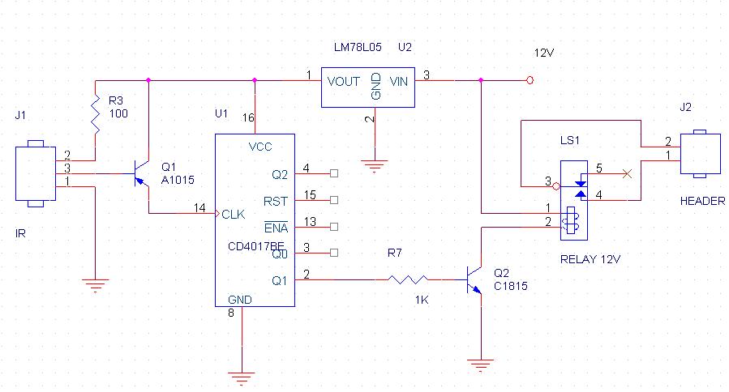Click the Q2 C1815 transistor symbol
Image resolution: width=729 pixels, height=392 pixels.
pyautogui.click(x=474, y=279)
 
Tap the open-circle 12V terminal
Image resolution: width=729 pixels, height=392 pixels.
pyautogui.click(x=530, y=80)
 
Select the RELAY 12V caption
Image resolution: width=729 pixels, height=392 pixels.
pyautogui.click(x=590, y=260)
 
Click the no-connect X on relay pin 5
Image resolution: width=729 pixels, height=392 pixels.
pyautogui.click(x=625, y=173)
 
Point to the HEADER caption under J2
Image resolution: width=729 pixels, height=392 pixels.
pyautogui.click(x=702, y=201)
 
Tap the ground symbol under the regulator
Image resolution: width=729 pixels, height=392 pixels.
pyautogui.click(x=373, y=167)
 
